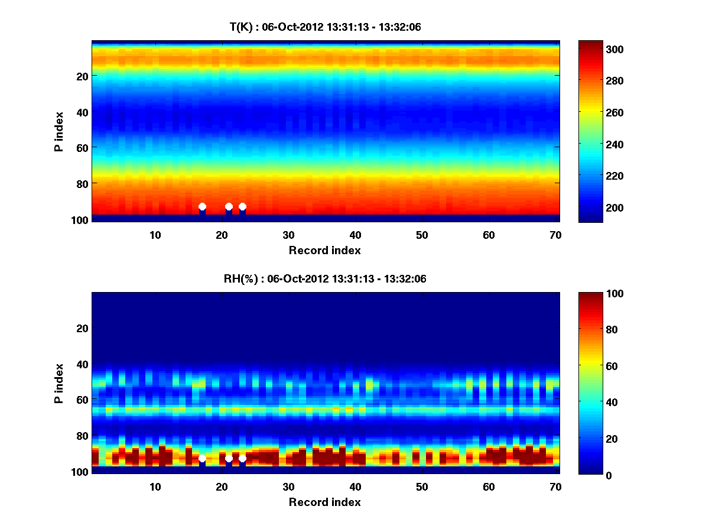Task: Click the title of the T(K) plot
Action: (x=325, y=27)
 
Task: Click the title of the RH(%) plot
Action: (x=325, y=279)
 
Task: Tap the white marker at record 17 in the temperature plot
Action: (x=202, y=206)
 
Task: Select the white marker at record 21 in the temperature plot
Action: (x=229, y=206)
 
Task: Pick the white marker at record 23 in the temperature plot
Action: (x=242, y=206)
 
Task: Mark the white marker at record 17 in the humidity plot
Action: (x=202, y=458)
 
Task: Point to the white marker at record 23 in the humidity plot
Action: (x=242, y=458)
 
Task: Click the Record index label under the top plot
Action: (x=324, y=250)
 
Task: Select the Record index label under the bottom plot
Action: (x=324, y=502)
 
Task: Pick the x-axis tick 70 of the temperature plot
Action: (x=556, y=234)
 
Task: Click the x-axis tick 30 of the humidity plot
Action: (x=288, y=486)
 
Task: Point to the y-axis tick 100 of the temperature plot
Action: (x=80, y=219)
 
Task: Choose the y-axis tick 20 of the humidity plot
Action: (x=83, y=328)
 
